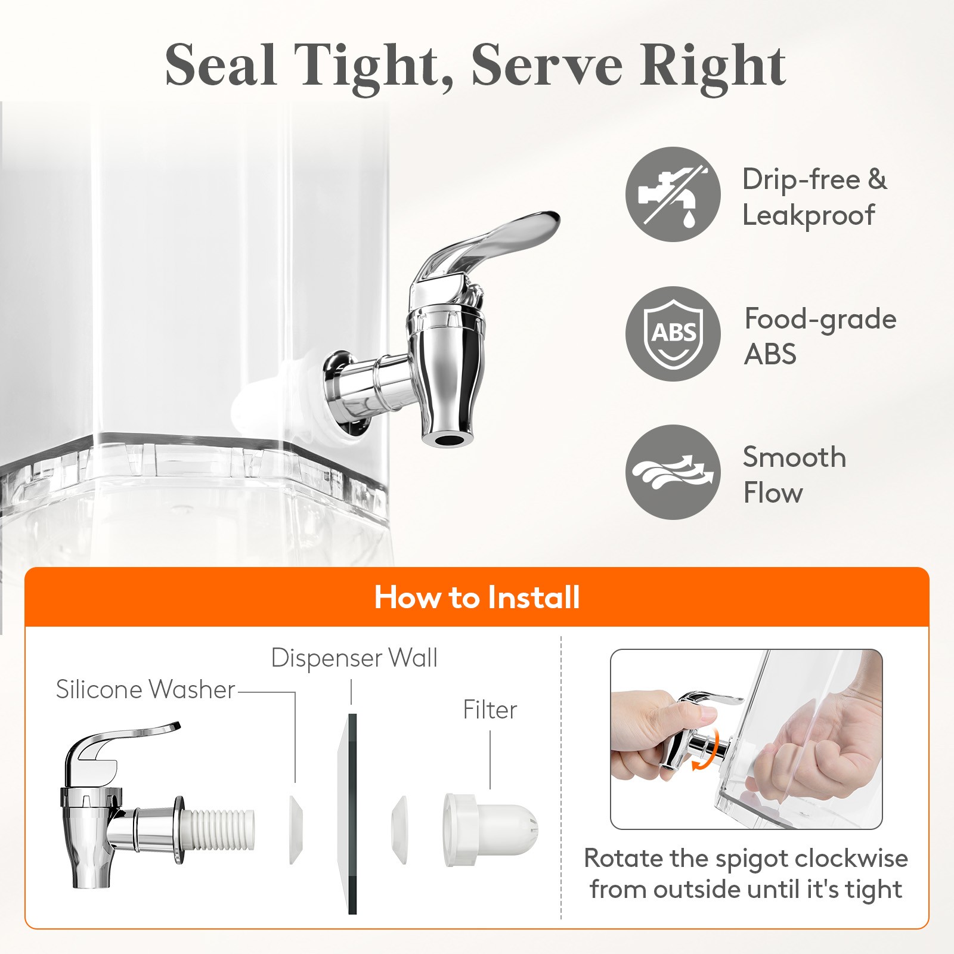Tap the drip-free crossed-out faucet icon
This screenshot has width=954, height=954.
(673, 194)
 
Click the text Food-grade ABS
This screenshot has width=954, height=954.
(820, 336)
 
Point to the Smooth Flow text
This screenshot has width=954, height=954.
(794, 475)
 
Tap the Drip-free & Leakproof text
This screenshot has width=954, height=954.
(814, 197)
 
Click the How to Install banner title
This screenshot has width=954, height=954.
(477, 597)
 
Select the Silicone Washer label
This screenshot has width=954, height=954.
(145, 689)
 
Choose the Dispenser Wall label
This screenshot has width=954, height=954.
(354, 658)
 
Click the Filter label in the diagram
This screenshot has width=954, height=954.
(490, 710)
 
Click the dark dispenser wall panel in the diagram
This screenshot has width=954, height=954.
(352, 814)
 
